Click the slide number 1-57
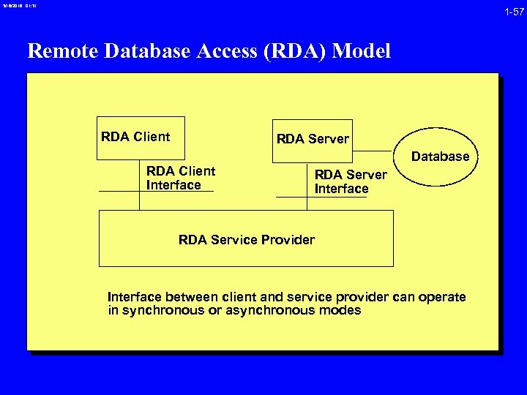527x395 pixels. point(513,12)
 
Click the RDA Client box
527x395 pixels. point(141,137)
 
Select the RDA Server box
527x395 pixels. point(313,139)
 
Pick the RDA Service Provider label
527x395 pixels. point(246,240)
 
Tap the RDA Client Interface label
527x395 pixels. point(181,178)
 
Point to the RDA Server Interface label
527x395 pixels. point(350,181)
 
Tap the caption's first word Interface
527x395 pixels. point(135,297)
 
